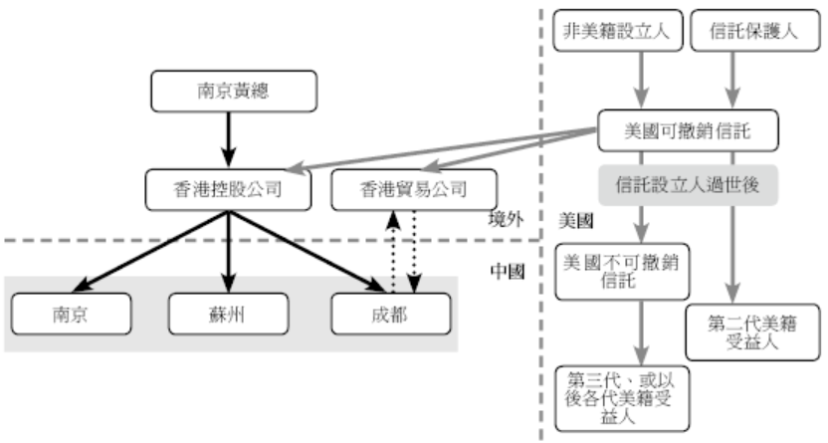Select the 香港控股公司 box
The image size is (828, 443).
tap(229, 189)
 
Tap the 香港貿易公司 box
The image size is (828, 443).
tap(399, 189)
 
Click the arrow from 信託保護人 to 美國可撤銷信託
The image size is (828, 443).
tap(733, 82)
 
